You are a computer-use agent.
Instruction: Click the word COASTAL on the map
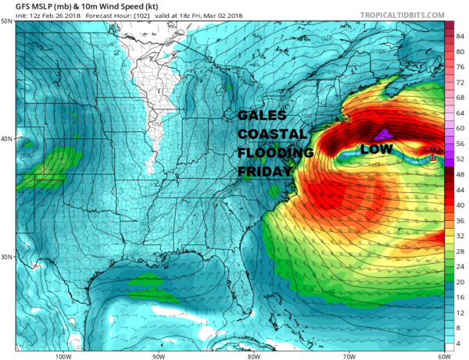(x=273, y=135)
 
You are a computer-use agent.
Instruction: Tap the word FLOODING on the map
(x=276, y=153)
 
